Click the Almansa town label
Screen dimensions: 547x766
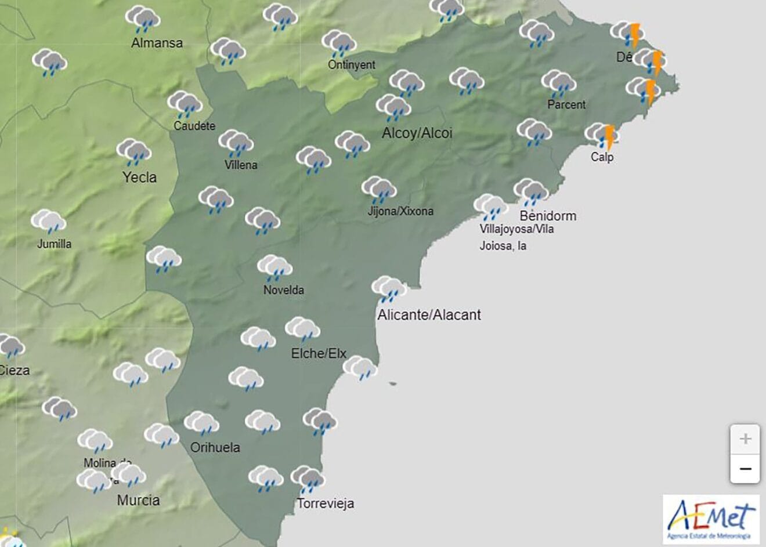157,42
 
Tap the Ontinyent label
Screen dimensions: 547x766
352,64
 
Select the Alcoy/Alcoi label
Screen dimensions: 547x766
417,133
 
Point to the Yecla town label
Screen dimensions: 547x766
139,177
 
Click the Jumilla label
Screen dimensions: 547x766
55,244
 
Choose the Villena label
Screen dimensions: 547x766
241,165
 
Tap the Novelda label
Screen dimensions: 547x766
284,289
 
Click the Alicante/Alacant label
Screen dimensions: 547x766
429,315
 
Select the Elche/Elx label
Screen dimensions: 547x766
319,353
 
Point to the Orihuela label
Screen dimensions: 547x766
215,447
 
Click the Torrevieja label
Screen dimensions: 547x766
326,503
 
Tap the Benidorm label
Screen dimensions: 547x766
548,216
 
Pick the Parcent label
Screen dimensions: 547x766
566,104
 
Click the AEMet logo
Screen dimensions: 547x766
711,519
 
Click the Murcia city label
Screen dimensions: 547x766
139,500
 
